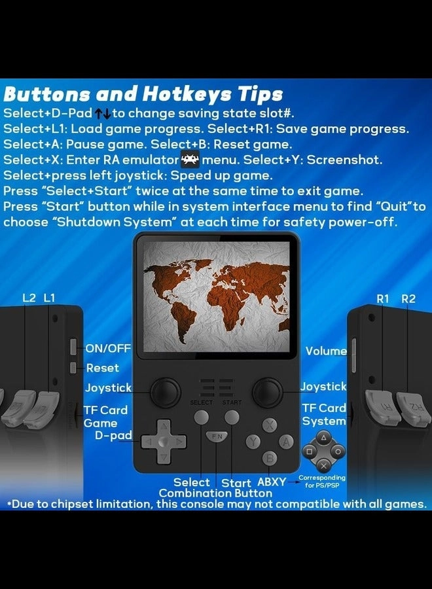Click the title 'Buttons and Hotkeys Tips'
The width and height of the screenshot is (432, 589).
(x=143, y=93)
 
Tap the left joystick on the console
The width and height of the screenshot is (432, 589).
(x=165, y=393)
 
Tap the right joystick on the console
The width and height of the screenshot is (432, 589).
(x=268, y=392)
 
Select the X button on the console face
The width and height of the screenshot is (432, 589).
(x=270, y=425)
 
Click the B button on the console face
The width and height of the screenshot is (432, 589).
(x=268, y=458)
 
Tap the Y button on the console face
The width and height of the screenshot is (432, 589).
(x=254, y=442)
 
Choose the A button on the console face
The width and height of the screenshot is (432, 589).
(x=285, y=442)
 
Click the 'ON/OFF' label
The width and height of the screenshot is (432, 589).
(x=108, y=348)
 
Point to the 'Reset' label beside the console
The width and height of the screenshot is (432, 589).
(x=102, y=368)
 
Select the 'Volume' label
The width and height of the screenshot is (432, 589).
(x=326, y=351)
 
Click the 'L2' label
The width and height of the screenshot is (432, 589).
(x=29, y=298)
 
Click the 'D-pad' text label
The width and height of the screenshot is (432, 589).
(x=113, y=435)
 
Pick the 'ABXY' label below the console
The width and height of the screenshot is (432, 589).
(x=272, y=482)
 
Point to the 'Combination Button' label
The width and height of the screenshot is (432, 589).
(x=215, y=493)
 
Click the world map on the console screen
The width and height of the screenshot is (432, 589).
(x=217, y=296)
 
